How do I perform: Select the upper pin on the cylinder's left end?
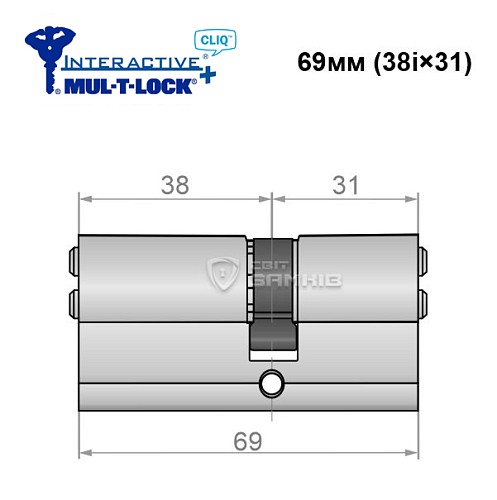pyautogui.click(x=73, y=261)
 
